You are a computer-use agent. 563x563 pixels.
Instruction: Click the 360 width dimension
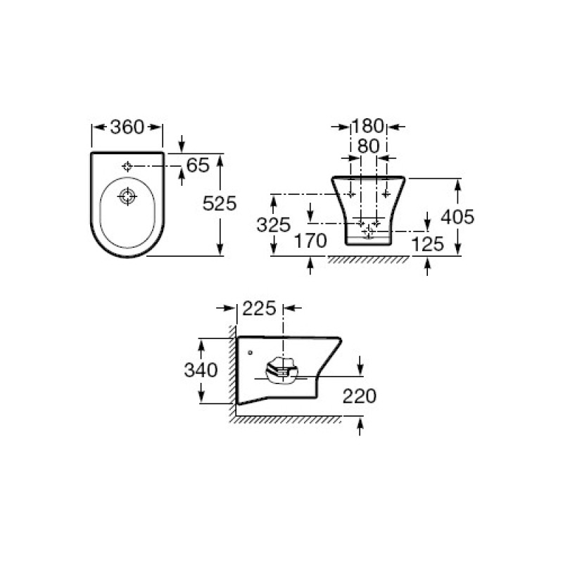tap(127, 127)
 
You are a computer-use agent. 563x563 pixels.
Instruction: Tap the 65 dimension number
tap(198, 165)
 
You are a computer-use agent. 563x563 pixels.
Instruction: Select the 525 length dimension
tap(220, 203)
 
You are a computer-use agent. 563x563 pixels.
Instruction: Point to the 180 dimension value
tap(368, 126)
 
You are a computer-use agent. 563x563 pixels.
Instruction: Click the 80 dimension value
tap(368, 146)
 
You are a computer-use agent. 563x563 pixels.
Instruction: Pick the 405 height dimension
tap(458, 217)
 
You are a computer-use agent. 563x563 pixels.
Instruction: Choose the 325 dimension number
tap(273, 225)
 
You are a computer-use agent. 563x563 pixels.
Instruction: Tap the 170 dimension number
tap(310, 241)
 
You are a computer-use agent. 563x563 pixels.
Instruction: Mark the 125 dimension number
tap(427, 244)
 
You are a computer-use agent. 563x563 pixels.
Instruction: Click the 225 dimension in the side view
tap(259, 308)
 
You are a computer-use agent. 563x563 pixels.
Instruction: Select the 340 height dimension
tap(201, 370)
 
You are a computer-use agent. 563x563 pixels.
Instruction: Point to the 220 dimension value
tap(360, 396)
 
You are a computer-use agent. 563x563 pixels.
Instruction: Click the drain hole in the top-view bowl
tap(127, 196)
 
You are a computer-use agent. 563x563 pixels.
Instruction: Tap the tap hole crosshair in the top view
tap(127, 166)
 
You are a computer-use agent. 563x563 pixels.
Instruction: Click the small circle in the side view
tap(251, 353)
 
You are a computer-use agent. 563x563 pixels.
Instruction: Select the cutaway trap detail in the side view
tap(282, 371)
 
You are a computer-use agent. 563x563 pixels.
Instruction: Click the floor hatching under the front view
tap(368, 260)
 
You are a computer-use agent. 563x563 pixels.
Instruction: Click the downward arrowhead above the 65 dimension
tap(182, 146)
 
